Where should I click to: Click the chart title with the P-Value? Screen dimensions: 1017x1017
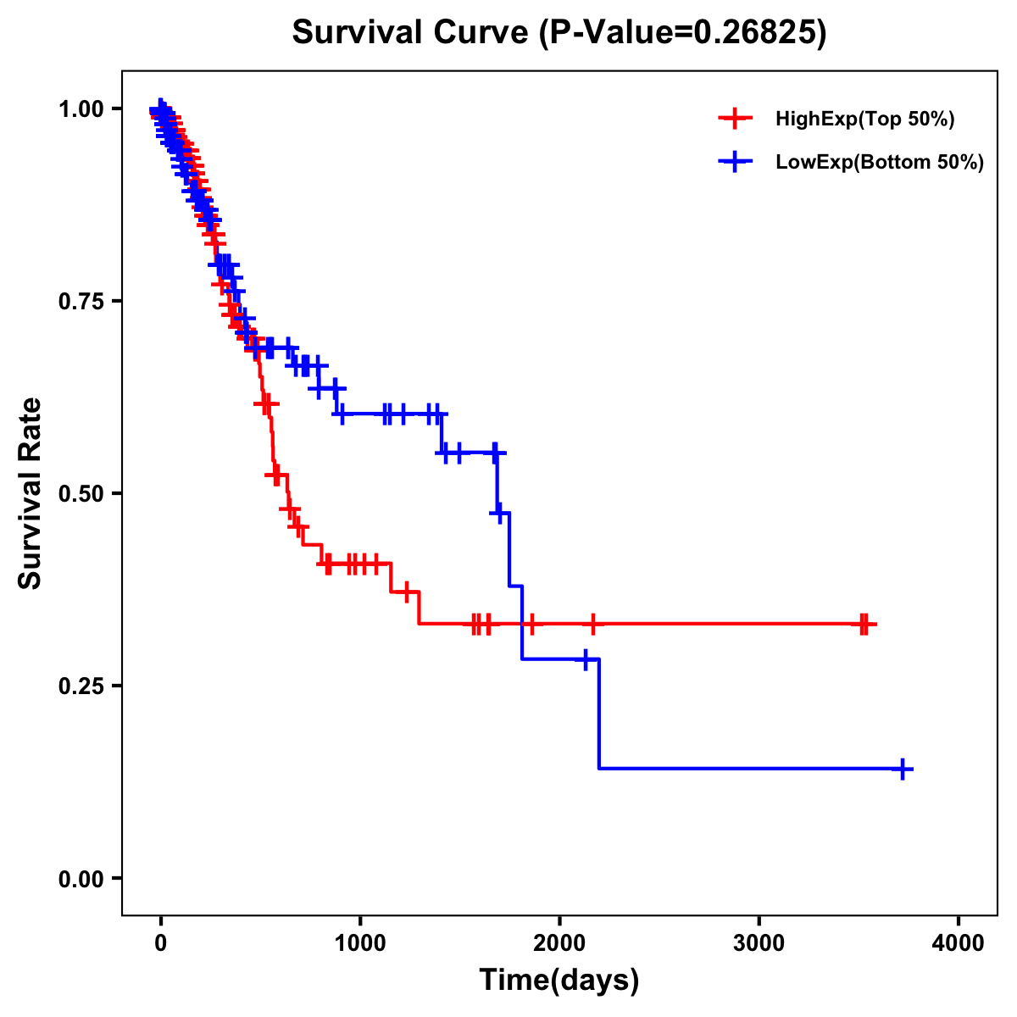click(559, 33)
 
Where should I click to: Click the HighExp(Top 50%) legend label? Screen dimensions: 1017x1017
click(864, 119)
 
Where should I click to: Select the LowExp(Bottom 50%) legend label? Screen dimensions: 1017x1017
click(880, 163)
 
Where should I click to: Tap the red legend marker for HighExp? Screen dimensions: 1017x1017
click(735, 119)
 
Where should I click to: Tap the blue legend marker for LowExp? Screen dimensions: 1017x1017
click(735, 162)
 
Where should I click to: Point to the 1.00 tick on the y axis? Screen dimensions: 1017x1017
click(81, 108)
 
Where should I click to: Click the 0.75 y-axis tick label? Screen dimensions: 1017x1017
click(81, 301)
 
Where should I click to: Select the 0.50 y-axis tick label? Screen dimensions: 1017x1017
click(81, 493)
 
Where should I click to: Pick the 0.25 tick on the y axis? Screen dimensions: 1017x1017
click(81, 686)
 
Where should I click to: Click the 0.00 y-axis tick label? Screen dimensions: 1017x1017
click(81, 878)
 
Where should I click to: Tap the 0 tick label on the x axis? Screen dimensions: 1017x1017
click(161, 943)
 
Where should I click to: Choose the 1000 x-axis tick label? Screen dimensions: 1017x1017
click(360, 943)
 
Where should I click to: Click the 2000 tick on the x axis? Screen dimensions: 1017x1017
click(559, 943)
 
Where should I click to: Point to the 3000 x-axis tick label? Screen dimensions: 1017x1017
click(759, 943)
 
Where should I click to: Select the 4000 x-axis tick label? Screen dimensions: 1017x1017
click(959, 943)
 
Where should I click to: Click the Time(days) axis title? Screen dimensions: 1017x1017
click(559, 981)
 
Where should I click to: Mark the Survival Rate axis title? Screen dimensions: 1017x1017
click(31, 493)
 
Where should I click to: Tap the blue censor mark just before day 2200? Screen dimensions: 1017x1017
click(585, 659)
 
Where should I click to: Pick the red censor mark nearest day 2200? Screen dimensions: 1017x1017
click(592, 625)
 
